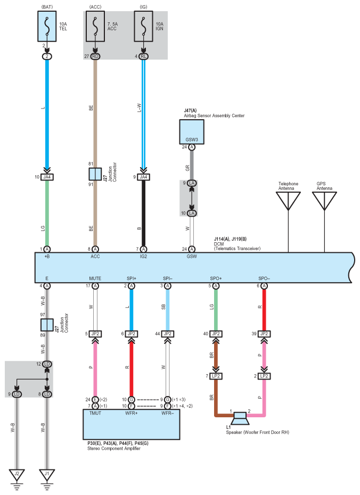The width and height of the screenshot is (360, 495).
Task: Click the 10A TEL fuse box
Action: [47, 26]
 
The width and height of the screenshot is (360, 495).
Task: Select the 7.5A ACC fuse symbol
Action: [95, 26]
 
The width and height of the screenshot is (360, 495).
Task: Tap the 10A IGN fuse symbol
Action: [143, 26]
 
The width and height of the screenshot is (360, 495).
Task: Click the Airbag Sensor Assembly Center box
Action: [192, 132]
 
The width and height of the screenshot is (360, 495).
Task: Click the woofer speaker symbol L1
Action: [240, 418]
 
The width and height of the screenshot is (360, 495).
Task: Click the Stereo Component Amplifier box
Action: [132, 424]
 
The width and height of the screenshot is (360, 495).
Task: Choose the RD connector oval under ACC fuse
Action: [95, 56]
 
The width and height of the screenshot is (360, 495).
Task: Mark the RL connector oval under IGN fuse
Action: [143, 56]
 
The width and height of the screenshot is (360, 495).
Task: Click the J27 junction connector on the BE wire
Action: [95, 174]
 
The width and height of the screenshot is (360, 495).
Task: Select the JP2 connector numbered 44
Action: [167, 334]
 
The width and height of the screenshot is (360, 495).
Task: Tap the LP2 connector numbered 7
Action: [216, 376]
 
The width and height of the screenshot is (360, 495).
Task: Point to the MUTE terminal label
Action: [95, 278]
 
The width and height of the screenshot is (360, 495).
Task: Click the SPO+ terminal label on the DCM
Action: [216, 278]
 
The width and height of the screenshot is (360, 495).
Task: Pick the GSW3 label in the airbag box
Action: [192, 139]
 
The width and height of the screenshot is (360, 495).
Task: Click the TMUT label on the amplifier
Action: [95, 413]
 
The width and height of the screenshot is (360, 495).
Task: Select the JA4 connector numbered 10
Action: [47, 177]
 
